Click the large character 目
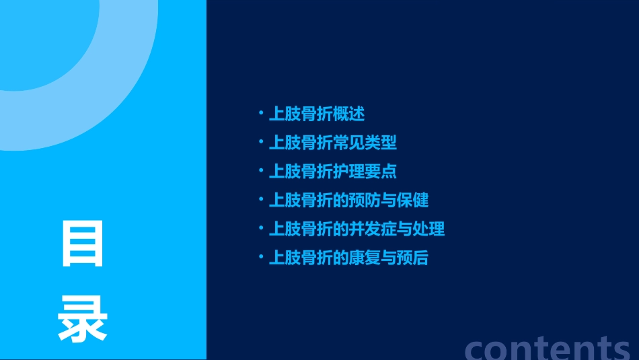(83, 244)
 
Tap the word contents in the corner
(548, 347)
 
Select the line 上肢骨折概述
(316, 114)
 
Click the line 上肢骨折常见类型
(332, 143)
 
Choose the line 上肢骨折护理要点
(332, 171)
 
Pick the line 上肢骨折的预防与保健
(348, 200)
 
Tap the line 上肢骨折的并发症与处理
(356, 229)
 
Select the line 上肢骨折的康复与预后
(348, 258)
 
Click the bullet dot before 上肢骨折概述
(261, 114)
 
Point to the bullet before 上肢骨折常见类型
(261, 143)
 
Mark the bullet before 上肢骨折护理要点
(261, 171)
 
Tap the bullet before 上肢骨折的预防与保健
(261, 200)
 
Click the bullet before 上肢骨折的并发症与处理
(261, 229)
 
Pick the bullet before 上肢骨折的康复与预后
(261, 258)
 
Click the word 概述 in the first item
(348, 114)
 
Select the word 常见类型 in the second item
(365, 143)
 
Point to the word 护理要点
(365, 171)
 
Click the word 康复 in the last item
(365, 258)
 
